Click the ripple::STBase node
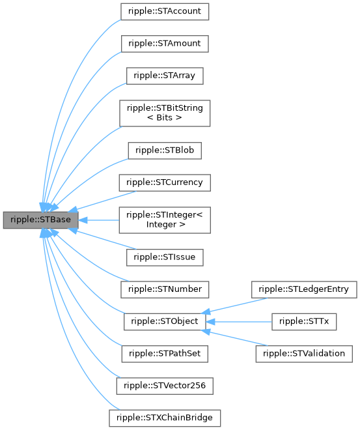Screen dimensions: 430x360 click(41, 220)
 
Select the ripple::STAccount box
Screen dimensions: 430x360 click(165, 12)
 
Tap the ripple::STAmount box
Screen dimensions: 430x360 click(165, 44)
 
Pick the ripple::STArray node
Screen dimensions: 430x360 click(165, 76)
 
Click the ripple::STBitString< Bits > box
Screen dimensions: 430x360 click(165, 113)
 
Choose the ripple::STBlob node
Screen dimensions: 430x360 click(165, 150)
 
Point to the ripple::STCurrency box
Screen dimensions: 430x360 click(165, 182)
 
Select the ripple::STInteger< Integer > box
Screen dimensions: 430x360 click(165, 220)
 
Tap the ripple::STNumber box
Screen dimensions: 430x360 click(165, 289)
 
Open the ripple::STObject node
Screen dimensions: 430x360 click(165, 321)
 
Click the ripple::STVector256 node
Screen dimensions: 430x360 click(165, 385)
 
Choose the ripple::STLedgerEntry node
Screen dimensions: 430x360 click(304, 289)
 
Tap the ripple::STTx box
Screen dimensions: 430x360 click(304, 321)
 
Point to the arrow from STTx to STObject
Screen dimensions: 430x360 click(241, 321)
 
